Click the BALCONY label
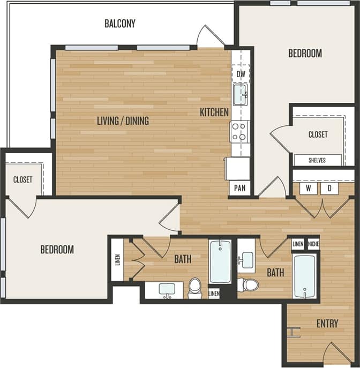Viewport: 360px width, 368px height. click(x=119, y=24)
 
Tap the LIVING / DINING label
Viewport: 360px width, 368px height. click(x=123, y=121)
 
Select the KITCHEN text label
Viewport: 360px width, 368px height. click(x=214, y=112)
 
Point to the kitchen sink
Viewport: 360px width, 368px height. click(x=241, y=94)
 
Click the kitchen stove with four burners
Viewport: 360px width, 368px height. click(x=239, y=131)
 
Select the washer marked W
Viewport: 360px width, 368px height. click(x=309, y=189)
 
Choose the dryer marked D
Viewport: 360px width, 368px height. click(x=329, y=189)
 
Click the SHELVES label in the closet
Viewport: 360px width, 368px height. click(x=318, y=160)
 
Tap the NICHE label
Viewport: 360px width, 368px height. click(x=313, y=244)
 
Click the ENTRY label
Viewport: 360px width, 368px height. click(x=327, y=324)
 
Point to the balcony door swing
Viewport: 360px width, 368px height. click(x=210, y=36)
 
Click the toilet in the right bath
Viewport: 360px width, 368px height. click(x=249, y=284)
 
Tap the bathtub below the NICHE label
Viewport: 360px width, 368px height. click(x=304, y=276)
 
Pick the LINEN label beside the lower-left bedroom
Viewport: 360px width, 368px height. click(x=117, y=260)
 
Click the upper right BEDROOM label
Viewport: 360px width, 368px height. click(x=305, y=54)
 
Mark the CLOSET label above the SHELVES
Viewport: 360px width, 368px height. click(x=318, y=134)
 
